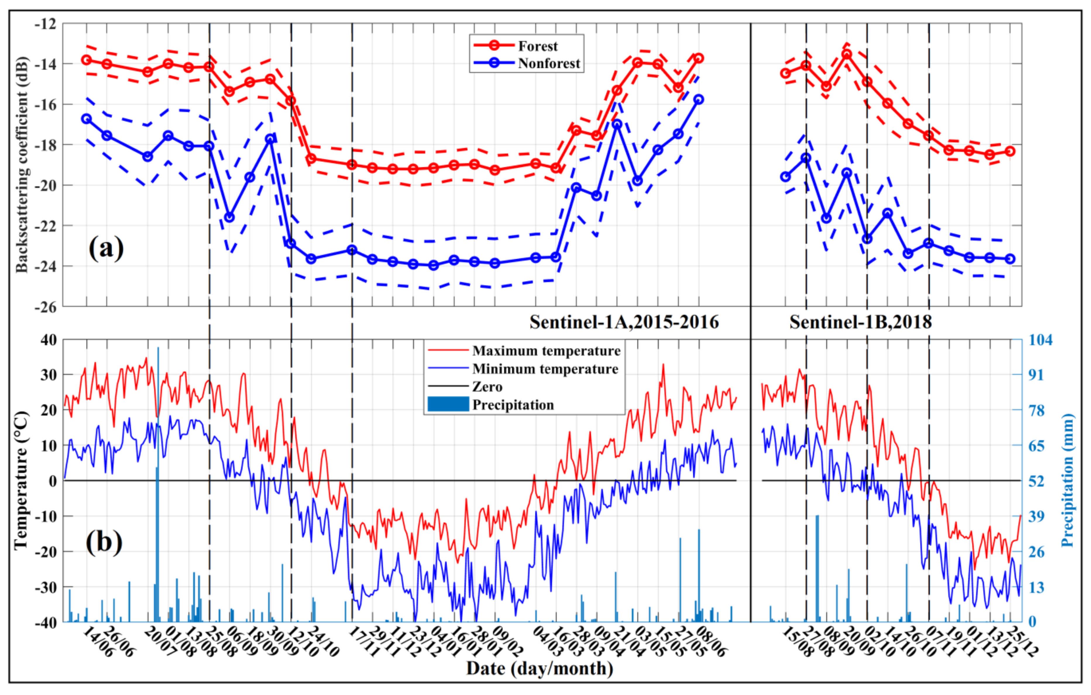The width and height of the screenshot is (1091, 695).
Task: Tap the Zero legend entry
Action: [487, 387]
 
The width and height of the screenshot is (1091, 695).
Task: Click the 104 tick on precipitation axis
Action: [1040, 340]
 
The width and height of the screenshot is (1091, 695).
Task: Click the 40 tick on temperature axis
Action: [49, 340]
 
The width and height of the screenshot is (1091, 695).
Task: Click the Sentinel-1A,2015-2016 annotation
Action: [624, 322]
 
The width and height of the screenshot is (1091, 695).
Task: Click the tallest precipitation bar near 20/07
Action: [158, 485]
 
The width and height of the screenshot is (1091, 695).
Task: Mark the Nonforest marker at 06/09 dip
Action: [229, 217]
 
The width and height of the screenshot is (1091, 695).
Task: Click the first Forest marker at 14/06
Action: [86, 60]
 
